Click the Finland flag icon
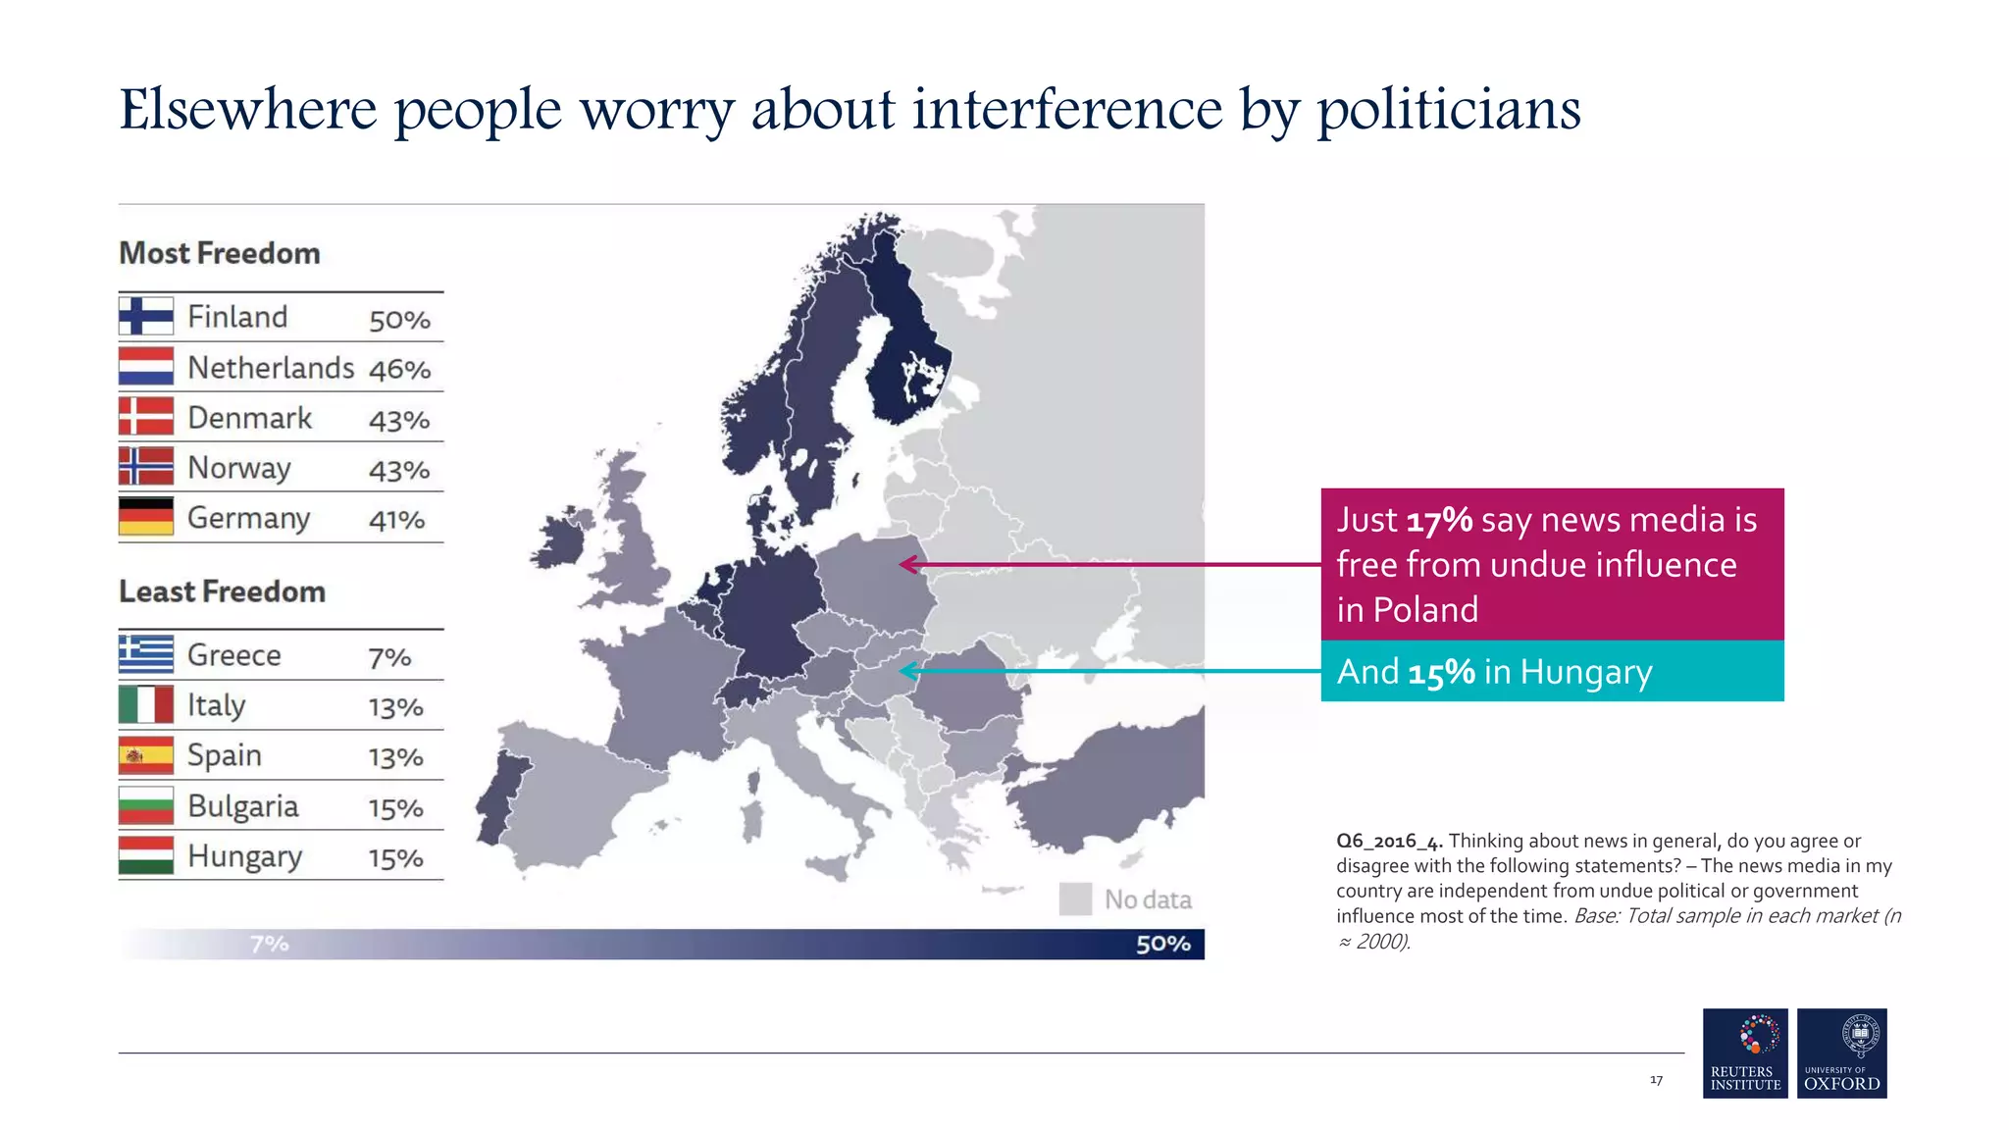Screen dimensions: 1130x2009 point(146,316)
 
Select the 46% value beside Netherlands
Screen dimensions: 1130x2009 point(399,370)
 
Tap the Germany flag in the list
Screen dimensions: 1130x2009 point(146,517)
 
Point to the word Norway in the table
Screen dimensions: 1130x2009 point(239,468)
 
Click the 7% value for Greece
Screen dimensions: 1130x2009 point(389,657)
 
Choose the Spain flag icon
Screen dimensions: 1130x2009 point(146,755)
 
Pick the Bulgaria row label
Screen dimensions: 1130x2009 point(243,806)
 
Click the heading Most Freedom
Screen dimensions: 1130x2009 point(220,253)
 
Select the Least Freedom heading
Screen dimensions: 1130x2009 point(222,591)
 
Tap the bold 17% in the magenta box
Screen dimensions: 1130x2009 point(1439,520)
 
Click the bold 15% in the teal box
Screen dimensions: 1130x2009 point(1441,672)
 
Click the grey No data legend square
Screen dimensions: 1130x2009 point(1075,899)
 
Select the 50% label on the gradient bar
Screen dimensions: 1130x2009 point(1162,944)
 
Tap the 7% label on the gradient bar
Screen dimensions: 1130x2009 point(269,944)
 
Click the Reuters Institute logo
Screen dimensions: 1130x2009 point(1745,1053)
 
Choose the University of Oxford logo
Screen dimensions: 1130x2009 point(1841,1053)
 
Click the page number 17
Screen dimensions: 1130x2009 point(1656,1080)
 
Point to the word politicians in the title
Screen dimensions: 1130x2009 point(1448,110)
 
